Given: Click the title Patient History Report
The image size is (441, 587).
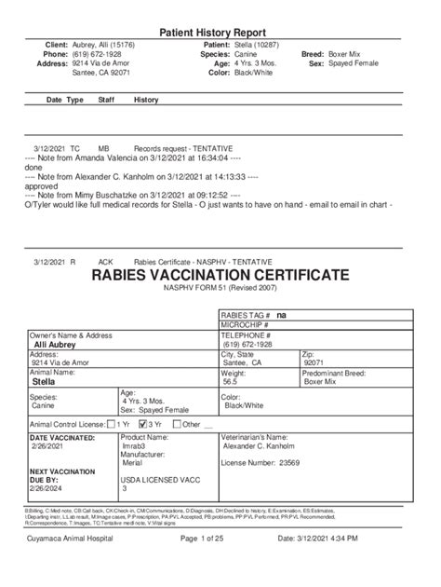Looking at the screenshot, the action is click(220, 31).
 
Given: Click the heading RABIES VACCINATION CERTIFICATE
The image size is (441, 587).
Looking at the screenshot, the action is click(220, 276).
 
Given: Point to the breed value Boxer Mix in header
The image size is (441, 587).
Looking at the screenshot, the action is click(350, 54).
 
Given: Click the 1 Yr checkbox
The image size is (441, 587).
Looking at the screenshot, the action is click(111, 423).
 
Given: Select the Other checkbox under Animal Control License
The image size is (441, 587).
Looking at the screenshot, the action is click(177, 423).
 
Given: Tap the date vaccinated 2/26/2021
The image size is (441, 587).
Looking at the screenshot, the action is click(48, 447).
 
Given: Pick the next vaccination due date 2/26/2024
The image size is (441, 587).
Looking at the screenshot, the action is click(48, 487).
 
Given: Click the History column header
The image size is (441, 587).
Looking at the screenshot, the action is click(146, 99).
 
